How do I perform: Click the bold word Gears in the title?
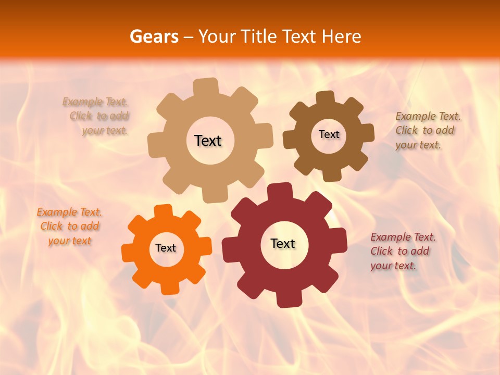tap(154, 36)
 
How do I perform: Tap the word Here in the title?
tap(342, 36)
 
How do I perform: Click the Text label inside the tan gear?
tap(208, 141)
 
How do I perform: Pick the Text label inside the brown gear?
tap(329, 134)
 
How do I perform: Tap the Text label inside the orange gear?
tap(166, 248)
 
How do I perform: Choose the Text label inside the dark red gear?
tap(283, 243)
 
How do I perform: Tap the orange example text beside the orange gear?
tap(69, 226)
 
